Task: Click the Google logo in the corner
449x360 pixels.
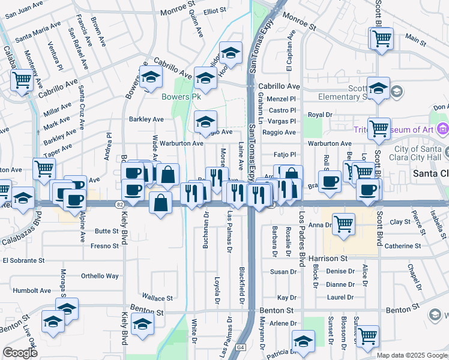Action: click(x=20, y=353)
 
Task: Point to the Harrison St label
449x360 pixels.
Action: click(x=328, y=259)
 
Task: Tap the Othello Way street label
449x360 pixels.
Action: click(x=100, y=276)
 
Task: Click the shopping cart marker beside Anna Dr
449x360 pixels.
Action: click(x=343, y=224)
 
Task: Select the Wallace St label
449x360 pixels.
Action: click(x=157, y=298)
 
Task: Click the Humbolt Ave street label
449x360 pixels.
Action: click(x=32, y=290)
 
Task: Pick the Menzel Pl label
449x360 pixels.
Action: click(x=282, y=99)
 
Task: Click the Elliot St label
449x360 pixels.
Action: click(x=214, y=11)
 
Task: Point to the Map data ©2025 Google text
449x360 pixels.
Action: click(x=412, y=355)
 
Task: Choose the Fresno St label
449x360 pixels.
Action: click(x=105, y=246)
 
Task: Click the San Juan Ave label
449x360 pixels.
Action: click(x=28, y=11)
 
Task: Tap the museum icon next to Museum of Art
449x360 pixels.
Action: click(x=443, y=128)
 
